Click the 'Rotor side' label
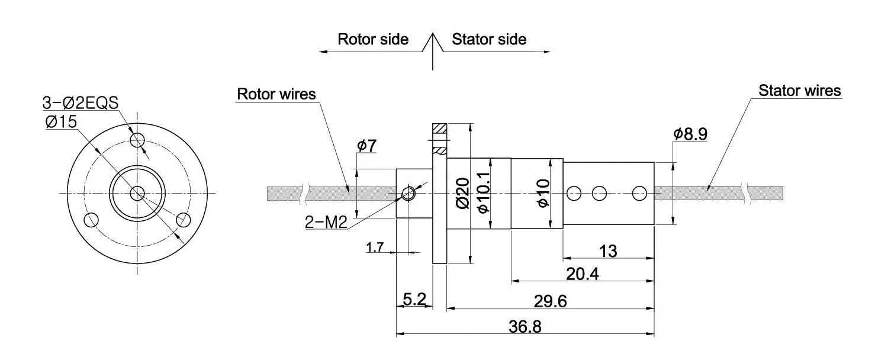tap(373, 40)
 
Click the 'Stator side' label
tap(489, 40)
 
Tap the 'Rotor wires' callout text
tap(276, 94)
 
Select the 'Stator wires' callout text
tap(800, 91)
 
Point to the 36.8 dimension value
tap(525, 327)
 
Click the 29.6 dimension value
tap(550, 301)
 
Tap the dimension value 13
tap(608, 251)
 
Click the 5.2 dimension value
tap(414, 300)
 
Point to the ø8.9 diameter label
tap(690, 134)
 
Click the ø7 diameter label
tap(366, 146)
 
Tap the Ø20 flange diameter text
tap(464, 193)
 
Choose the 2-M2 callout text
tap(326, 223)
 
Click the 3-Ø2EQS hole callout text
tap(81, 102)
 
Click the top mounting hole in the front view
tap(138, 140)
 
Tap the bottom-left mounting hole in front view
tap(91, 220)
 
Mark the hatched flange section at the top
tap(440, 128)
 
